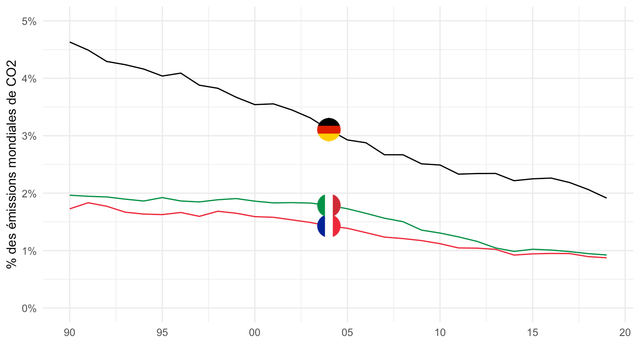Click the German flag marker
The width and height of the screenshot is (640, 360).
tap(329, 130)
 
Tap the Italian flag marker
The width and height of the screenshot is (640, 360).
tap(329, 205)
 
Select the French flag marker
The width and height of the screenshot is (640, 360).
tap(329, 226)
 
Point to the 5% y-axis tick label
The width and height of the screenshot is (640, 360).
tap(29, 21)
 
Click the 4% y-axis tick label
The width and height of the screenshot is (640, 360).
tap(29, 78)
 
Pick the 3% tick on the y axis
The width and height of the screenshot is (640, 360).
tap(29, 136)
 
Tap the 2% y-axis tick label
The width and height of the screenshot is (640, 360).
tap(29, 193)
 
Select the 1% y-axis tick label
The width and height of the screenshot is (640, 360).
tap(29, 251)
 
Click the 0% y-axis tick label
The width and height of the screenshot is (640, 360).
tap(29, 308)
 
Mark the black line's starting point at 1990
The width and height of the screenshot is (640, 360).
tap(70, 42)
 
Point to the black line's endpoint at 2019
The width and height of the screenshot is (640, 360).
tap(606, 198)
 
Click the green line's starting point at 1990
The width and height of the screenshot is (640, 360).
tap(70, 195)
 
